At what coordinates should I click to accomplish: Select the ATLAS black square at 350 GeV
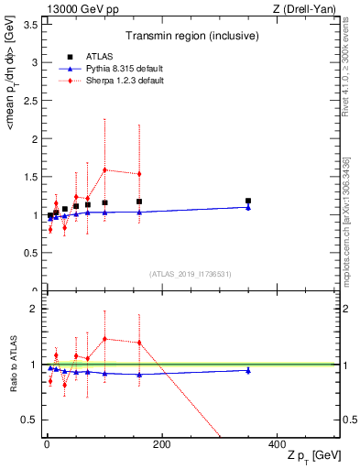tap(247, 201)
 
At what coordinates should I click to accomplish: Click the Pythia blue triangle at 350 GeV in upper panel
tap(247, 207)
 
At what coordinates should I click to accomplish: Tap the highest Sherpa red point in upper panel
tap(104, 169)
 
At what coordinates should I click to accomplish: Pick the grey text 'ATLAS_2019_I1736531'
tap(191, 274)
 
